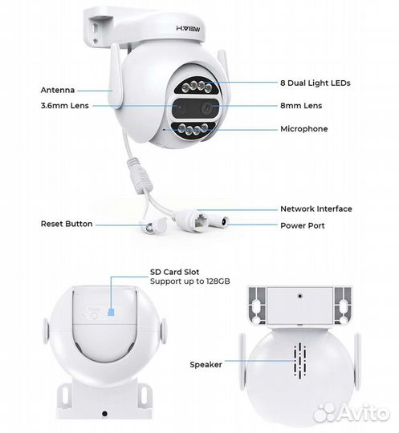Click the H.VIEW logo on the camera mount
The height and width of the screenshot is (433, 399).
tap(188, 28)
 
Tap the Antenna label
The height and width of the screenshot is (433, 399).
tap(58, 90)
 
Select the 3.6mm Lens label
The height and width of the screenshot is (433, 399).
tap(65, 106)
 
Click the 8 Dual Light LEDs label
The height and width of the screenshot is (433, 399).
tap(316, 83)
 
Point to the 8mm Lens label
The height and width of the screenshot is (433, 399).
tap(301, 106)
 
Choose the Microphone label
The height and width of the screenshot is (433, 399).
tap(304, 128)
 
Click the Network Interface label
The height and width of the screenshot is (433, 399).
tap(316, 208)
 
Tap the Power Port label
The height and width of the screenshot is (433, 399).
tap(303, 225)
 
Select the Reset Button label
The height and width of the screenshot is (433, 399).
tap(67, 224)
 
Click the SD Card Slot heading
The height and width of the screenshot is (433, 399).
tap(174, 272)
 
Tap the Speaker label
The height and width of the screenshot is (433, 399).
tap(206, 365)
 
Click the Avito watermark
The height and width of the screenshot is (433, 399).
tap(352, 413)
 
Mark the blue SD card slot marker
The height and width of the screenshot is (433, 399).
tap(111, 312)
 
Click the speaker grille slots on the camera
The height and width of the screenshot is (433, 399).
tap(300, 360)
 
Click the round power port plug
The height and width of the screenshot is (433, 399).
tap(221, 221)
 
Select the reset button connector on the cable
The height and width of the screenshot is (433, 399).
tap(153, 225)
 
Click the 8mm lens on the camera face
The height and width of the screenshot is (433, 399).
tap(206, 108)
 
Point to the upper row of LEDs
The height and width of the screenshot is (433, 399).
tap(197, 86)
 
